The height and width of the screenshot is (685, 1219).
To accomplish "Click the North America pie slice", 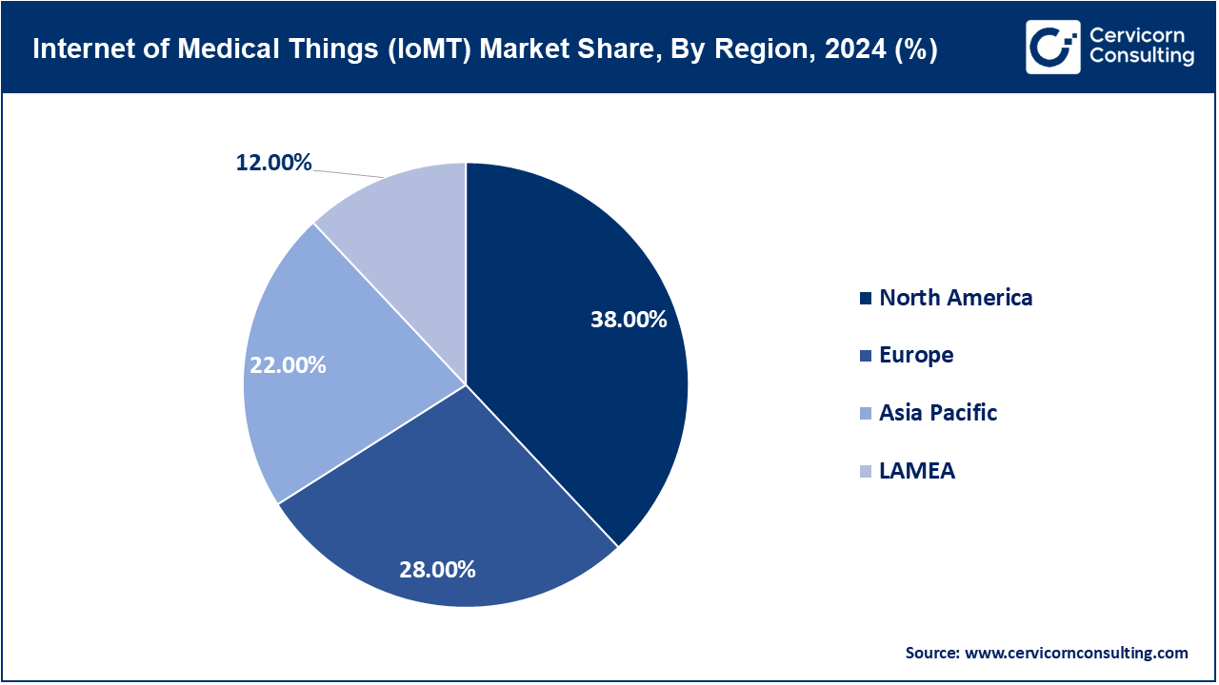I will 571,381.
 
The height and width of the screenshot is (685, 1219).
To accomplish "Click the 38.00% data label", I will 628,320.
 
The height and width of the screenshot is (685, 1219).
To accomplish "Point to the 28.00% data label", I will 437,570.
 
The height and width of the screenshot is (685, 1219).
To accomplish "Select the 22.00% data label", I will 288,364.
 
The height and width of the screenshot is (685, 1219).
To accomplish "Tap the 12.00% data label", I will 274,163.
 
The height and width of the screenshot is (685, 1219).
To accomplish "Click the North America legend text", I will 955,298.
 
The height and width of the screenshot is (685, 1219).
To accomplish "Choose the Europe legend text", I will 916,355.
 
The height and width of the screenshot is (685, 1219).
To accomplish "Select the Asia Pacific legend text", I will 938,413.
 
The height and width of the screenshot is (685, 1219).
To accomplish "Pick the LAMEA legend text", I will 916,471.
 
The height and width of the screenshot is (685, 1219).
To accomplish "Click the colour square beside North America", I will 865,299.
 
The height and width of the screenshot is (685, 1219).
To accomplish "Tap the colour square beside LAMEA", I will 865,472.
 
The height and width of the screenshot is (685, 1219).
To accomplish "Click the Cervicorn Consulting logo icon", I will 1052,48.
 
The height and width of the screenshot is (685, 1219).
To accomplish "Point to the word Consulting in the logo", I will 1141,57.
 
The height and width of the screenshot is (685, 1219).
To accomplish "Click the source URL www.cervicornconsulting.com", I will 1076,653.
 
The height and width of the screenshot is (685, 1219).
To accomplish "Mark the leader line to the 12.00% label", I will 349,173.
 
